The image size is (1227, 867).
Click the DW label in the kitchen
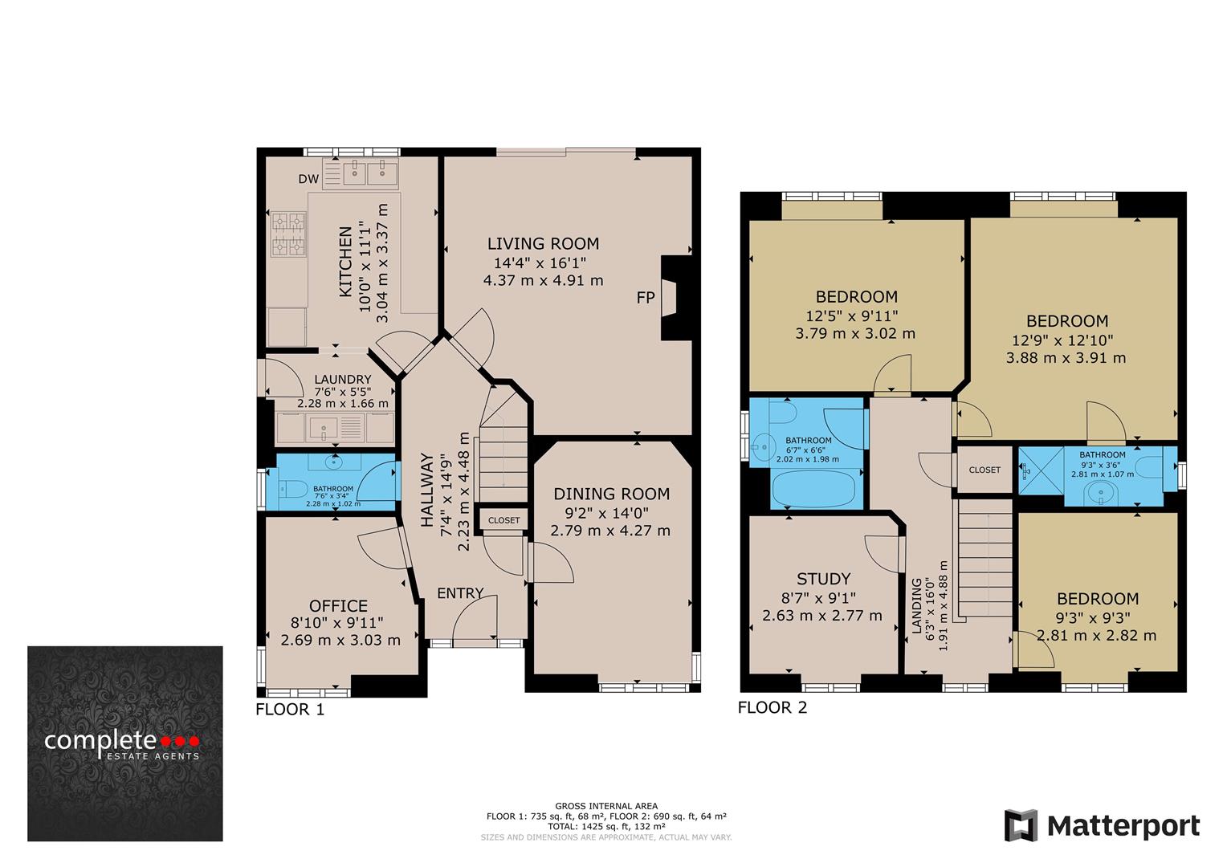pos(308,179)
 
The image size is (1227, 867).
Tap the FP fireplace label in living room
pos(646,298)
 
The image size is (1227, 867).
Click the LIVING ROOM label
pos(543,243)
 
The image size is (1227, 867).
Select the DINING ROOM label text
pos(611,494)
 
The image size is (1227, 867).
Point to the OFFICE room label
pos(338,606)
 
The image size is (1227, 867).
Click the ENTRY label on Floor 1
pos(460,593)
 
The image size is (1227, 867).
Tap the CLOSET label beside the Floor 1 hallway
pos(503,520)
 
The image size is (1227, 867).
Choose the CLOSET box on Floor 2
pos(984,470)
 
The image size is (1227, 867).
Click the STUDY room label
pos(823,579)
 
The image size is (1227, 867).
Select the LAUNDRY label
pos(342,380)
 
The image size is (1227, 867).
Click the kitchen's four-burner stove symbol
pos(288,234)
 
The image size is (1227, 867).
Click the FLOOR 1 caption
pos(290,709)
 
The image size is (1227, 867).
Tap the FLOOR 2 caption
pos(772,707)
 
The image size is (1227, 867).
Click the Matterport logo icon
pos(1021,825)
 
